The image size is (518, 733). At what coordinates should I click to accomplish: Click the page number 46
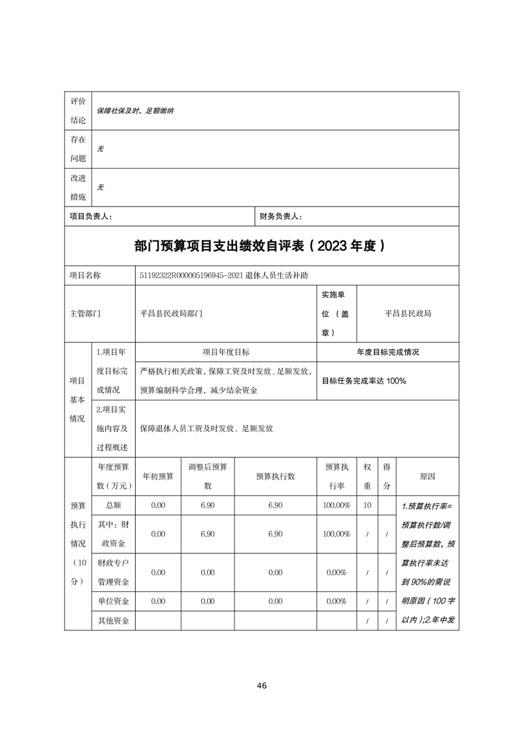(261, 685)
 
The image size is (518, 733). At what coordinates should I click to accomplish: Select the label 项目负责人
(91, 216)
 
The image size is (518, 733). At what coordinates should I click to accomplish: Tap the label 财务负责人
(281, 216)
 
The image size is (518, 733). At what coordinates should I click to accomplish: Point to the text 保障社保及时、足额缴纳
(135, 111)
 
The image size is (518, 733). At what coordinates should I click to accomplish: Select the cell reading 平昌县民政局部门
(171, 314)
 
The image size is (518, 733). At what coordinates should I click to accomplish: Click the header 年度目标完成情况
(387, 351)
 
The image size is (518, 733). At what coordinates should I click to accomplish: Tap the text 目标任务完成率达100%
(364, 380)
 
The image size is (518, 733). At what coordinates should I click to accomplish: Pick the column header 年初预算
(158, 476)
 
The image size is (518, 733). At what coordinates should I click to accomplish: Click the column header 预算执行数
(275, 476)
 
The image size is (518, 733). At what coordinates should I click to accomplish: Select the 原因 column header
(427, 477)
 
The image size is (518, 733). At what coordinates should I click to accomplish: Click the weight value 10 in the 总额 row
(367, 505)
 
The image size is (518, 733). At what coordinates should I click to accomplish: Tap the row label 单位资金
(113, 601)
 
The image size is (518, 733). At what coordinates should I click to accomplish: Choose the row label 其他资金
(113, 621)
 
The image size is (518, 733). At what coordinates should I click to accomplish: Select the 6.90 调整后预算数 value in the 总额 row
(208, 505)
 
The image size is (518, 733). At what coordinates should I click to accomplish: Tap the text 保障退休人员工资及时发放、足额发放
(206, 429)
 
